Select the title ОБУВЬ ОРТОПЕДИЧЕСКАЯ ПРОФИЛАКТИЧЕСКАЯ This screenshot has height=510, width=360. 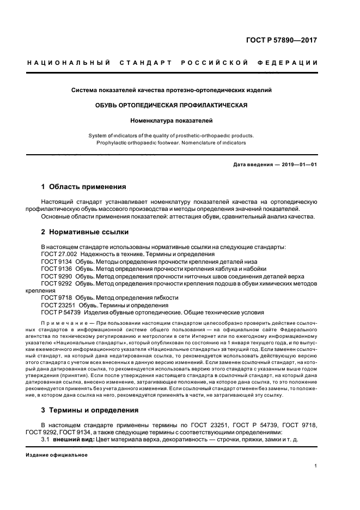(172, 105)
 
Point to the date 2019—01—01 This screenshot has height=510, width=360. (298, 165)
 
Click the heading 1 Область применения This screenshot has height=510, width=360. (84, 186)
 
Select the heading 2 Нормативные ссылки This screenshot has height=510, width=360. (82, 232)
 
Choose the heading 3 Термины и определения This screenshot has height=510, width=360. (90, 410)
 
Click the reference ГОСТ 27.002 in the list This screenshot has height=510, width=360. (58, 254)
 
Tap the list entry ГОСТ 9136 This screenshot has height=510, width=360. (56, 269)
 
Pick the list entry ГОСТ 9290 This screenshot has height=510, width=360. (56, 276)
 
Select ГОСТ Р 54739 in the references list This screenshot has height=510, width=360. (60, 313)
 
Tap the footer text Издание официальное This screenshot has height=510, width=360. (57, 455)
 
